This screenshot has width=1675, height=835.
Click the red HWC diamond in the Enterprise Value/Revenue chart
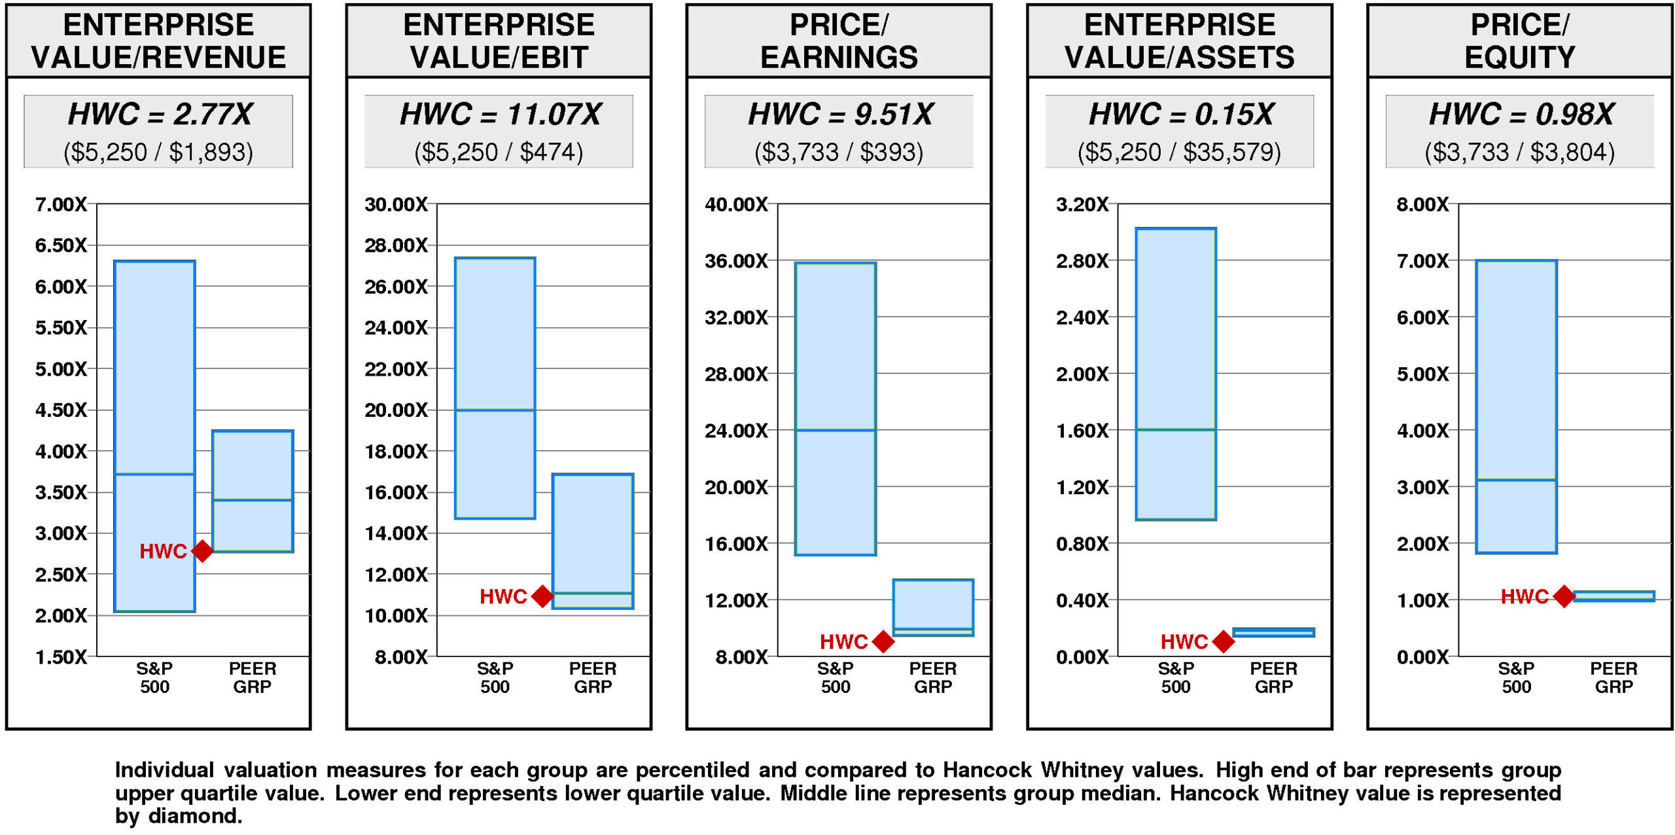click(x=202, y=551)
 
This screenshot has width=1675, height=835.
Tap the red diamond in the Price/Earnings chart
click(x=883, y=641)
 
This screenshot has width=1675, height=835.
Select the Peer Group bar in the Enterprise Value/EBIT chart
click(x=593, y=541)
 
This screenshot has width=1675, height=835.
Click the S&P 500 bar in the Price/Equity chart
click(x=1516, y=406)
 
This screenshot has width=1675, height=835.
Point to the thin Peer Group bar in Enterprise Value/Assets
click(x=1273, y=632)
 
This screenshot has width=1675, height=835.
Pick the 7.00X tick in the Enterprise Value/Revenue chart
click(x=61, y=205)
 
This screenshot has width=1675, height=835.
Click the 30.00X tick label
click(x=396, y=205)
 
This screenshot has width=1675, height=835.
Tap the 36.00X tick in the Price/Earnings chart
click(x=736, y=261)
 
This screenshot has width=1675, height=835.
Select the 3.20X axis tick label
click(x=1082, y=205)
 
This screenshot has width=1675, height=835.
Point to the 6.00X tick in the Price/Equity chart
click(x=1422, y=318)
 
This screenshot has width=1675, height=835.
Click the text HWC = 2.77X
click(x=160, y=114)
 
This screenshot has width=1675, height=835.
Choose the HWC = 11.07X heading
click(x=500, y=114)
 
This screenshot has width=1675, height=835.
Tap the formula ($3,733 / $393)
click(x=839, y=152)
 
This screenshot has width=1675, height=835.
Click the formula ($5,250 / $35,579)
click(x=1179, y=152)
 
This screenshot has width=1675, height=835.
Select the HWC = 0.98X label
click(x=1521, y=114)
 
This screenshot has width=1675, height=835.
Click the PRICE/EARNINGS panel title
click(x=839, y=41)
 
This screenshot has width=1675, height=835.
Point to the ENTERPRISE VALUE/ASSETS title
click(x=1179, y=41)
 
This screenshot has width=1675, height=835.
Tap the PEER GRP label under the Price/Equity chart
click(x=1613, y=677)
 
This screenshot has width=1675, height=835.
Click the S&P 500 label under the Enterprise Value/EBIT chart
click(x=495, y=677)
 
